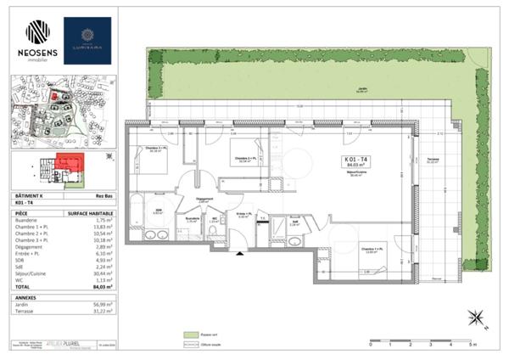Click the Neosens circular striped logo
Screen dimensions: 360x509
click(37, 32)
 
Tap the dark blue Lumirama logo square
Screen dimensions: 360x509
click(87, 41)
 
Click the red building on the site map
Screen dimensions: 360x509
click(55, 96)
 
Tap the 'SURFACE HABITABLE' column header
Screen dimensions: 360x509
click(87, 212)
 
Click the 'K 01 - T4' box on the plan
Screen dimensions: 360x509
click(355, 160)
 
